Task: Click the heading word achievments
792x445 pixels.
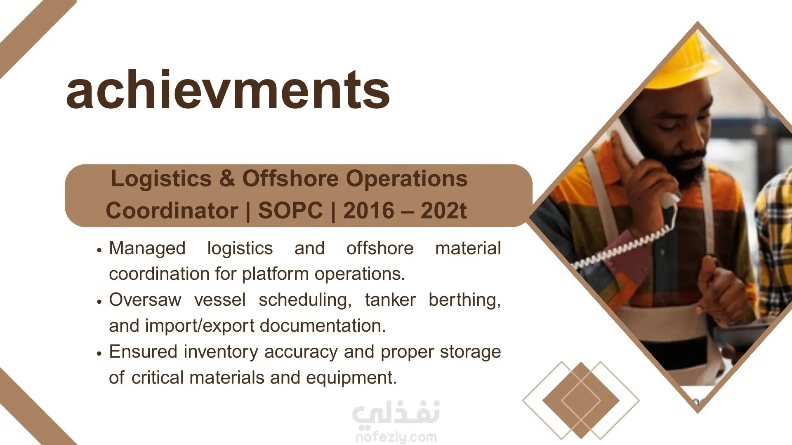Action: coord(228,89)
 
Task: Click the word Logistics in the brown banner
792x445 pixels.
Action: coord(161,179)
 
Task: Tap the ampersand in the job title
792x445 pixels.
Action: coord(227,179)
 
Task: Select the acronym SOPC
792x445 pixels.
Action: coord(290,211)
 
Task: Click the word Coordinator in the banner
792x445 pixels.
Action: coord(172,211)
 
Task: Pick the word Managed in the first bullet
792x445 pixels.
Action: coord(147,248)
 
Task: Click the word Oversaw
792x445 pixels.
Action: coord(145,300)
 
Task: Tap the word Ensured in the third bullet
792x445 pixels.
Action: coord(143,351)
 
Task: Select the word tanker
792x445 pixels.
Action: coord(390,300)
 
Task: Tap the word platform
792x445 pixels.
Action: coord(276,274)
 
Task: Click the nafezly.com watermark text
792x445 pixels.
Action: coord(396,437)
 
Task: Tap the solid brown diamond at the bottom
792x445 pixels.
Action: coord(581,400)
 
